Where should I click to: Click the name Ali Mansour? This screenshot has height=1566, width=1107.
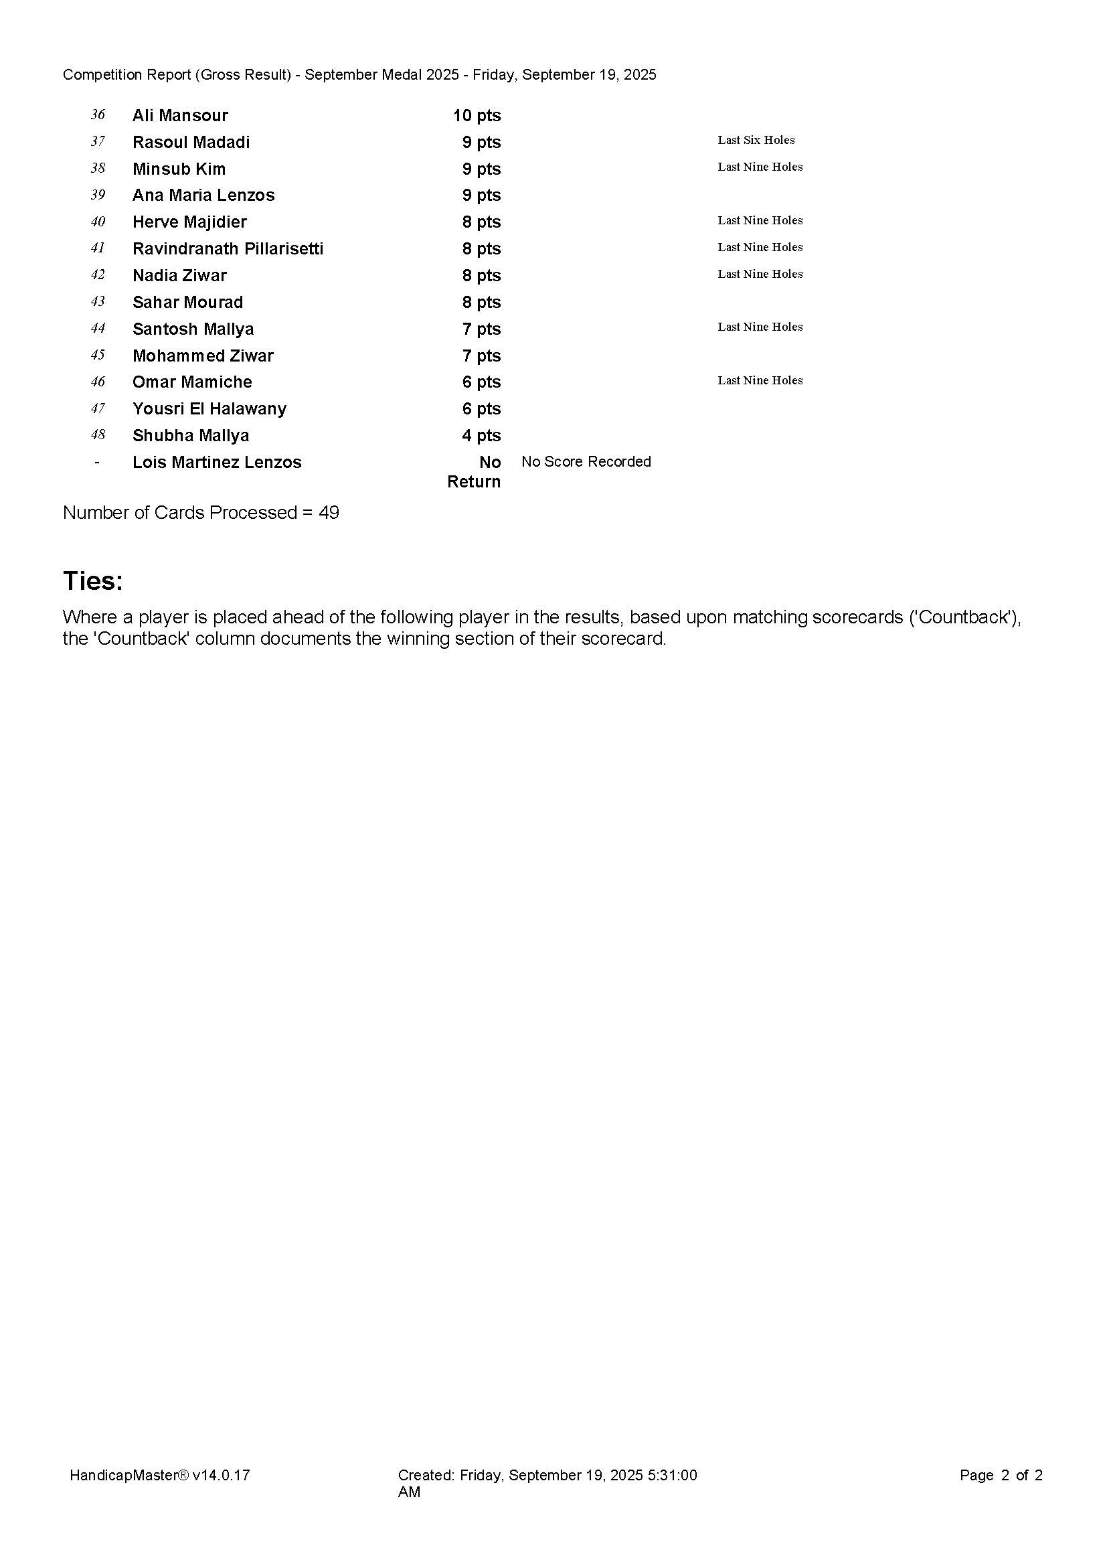click(180, 115)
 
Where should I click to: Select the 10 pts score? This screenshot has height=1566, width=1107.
click(477, 115)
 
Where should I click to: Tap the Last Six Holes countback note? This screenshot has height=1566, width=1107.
click(756, 140)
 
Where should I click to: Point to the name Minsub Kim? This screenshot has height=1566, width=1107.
click(179, 169)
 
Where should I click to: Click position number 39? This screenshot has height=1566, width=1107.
click(98, 195)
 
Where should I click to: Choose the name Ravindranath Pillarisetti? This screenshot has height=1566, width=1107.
click(228, 248)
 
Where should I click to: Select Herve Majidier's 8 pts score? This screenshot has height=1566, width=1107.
click(481, 222)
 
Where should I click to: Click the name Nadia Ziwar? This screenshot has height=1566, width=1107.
click(179, 275)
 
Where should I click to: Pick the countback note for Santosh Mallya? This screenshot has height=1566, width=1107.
click(760, 327)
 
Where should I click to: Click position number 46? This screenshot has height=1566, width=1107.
click(98, 382)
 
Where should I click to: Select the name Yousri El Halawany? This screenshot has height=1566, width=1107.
click(209, 408)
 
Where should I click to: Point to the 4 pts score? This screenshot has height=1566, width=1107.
click(481, 435)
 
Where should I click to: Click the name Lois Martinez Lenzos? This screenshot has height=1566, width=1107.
click(217, 462)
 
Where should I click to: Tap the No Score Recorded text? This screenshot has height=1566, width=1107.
click(586, 462)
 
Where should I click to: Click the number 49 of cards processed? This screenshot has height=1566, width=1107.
click(329, 512)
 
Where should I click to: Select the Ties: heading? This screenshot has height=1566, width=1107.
click(93, 580)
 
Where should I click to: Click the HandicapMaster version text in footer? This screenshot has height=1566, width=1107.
click(159, 1476)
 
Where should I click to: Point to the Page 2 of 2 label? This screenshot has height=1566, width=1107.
click(1001, 1476)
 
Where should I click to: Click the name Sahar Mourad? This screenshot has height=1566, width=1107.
click(187, 301)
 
